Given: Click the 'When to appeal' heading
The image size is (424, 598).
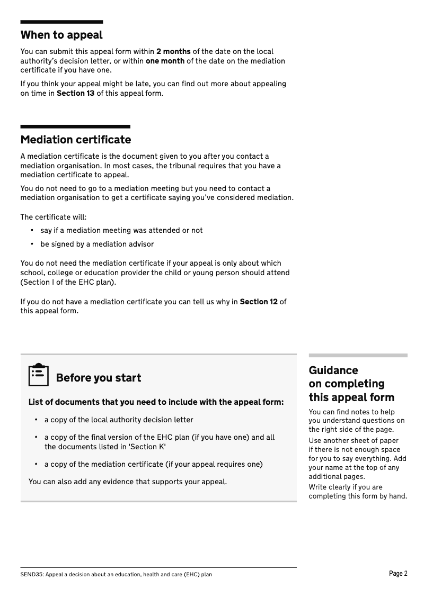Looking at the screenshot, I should point(61,35).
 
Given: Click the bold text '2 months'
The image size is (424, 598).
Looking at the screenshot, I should point(173,52).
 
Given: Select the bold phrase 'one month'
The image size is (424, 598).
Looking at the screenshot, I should point(165,61).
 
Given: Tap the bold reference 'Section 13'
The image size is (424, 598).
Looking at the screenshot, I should point(75,93).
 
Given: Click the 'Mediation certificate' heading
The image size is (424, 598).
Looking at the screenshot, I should point(75,140).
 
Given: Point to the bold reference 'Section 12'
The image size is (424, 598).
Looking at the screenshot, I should point(259,302).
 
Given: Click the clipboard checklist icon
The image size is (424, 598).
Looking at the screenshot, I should point(38,375).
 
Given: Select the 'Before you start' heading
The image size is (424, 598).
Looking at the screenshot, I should point(98,378).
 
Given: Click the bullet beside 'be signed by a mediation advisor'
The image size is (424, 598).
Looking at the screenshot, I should point(32,244).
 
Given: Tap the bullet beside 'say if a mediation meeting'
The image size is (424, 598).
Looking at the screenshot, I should point(32,230).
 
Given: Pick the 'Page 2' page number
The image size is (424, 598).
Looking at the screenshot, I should point(398,574).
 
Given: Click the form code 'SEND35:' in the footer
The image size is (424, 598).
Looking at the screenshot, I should point(32,574).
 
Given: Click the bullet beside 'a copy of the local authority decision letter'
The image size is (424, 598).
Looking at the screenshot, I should point(36,420).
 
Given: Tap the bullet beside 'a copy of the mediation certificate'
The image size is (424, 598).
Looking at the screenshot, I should point(36,464).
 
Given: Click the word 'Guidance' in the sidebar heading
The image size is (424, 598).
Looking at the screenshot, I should point(333,370).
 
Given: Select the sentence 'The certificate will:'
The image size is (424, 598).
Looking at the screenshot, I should point(54,217).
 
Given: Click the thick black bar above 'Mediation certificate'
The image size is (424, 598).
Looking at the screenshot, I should point(75,127).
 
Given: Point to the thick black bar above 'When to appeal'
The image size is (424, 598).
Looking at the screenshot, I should point(61,22).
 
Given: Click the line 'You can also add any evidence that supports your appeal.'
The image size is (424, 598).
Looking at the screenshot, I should point(128,482).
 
